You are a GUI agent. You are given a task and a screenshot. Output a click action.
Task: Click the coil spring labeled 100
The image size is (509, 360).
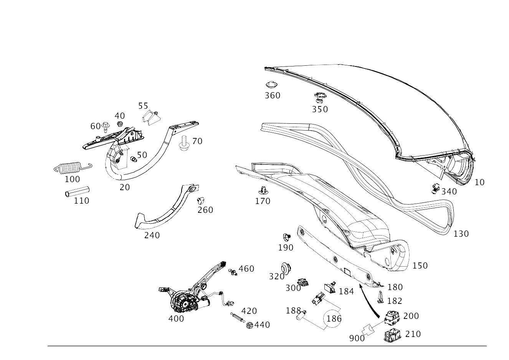click(x=73, y=168)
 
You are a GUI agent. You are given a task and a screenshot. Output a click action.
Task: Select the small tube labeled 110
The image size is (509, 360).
click(x=77, y=192)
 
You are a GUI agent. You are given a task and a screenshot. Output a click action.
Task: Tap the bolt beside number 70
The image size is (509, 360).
click(x=184, y=143)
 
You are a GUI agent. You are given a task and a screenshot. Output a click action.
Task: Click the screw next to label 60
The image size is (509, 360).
click(x=106, y=127)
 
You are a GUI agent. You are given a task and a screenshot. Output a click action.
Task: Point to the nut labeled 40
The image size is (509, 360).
click(x=119, y=124)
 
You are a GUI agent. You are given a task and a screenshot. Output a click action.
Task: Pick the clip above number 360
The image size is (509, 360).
click(x=271, y=85)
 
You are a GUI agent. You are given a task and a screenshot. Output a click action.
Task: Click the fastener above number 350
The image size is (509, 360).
click(x=320, y=97)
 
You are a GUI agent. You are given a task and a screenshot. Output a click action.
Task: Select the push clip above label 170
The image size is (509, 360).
click(x=263, y=190)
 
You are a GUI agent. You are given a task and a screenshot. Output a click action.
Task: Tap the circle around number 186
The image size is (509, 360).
click(x=332, y=319)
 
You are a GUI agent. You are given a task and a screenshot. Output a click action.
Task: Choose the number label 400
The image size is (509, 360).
click(x=176, y=319)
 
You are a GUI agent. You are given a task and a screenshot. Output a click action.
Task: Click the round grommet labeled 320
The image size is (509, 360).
click(x=286, y=269)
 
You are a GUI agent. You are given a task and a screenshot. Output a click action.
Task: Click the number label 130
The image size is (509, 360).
click(x=461, y=234)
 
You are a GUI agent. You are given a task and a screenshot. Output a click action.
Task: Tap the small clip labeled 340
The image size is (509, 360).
click(x=435, y=189)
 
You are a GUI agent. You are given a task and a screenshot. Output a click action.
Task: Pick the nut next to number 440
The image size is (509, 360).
click(x=250, y=325)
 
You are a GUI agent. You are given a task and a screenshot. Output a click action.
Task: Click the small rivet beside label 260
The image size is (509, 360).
click(x=200, y=200)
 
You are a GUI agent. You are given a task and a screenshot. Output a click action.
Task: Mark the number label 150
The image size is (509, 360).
click(x=420, y=265)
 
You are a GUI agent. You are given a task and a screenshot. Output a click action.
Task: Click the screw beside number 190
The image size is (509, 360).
click(x=287, y=237)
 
